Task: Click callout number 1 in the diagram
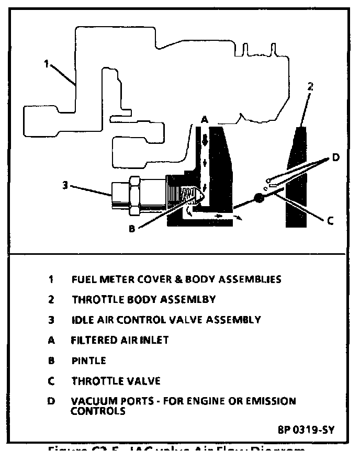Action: pyautogui.click(x=47, y=64)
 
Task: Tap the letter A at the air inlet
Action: pyautogui.click(x=205, y=120)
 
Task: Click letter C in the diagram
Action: pyautogui.click(x=330, y=221)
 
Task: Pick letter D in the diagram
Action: pyautogui.click(x=335, y=157)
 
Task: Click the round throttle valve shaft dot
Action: pyautogui.click(x=258, y=198)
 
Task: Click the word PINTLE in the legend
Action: pyautogui.click(x=89, y=360)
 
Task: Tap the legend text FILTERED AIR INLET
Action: pyautogui.click(x=120, y=340)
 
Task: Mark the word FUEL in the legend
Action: pyautogui.click(x=82, y=279)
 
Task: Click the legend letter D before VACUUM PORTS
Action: pyautogui.click(x=51, y=401)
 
